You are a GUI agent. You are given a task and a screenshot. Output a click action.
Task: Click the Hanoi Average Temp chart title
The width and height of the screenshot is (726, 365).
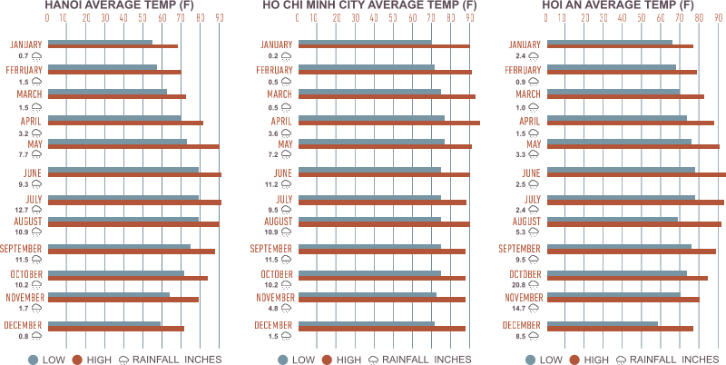coord(119,5)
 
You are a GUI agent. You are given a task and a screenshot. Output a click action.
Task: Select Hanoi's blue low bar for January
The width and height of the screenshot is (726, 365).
coord(100,42)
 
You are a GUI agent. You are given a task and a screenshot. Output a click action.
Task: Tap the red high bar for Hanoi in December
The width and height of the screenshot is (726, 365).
coord(116,329)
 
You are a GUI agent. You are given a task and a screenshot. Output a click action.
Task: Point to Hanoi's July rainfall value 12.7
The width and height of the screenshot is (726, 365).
coord(22,210)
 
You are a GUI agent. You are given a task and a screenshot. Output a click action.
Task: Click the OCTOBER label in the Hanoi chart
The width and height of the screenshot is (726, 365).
coord(26,274)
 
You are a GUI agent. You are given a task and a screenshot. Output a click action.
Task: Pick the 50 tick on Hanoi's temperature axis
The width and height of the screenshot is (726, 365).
coord(143,18)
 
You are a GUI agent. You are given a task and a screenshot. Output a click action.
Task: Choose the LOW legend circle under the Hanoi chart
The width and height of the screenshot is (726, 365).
coord(34,360)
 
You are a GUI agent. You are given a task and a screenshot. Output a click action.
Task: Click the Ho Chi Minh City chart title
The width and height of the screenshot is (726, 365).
coord(369,5)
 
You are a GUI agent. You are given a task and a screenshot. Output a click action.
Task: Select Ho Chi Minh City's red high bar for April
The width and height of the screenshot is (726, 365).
coord(389,123)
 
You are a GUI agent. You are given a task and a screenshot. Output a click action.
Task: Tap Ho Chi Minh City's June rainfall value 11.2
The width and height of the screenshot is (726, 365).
coord(271,184)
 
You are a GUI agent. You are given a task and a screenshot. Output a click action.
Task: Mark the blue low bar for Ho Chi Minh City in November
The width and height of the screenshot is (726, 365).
coord(368,294)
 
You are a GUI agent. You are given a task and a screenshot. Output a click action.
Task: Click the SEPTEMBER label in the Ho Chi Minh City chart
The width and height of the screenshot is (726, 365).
coord(270,249)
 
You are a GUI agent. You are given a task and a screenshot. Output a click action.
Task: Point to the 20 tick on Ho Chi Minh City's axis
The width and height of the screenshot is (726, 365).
coord(337,18)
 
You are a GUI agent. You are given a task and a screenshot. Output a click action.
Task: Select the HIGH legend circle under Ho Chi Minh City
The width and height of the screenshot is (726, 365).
coord(328,360)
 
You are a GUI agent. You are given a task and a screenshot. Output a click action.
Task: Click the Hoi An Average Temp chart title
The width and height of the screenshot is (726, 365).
coord(618,5)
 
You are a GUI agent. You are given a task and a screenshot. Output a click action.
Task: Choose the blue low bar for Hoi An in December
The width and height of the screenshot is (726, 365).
coord(603,324)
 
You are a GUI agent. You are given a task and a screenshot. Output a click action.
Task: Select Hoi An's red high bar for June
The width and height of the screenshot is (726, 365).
coord(637,174)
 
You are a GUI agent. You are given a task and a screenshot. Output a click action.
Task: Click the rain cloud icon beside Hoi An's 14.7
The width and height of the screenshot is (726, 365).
coord(534,309)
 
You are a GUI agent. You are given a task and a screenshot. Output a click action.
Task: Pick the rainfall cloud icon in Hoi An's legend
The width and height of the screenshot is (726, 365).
coord(622,360)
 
